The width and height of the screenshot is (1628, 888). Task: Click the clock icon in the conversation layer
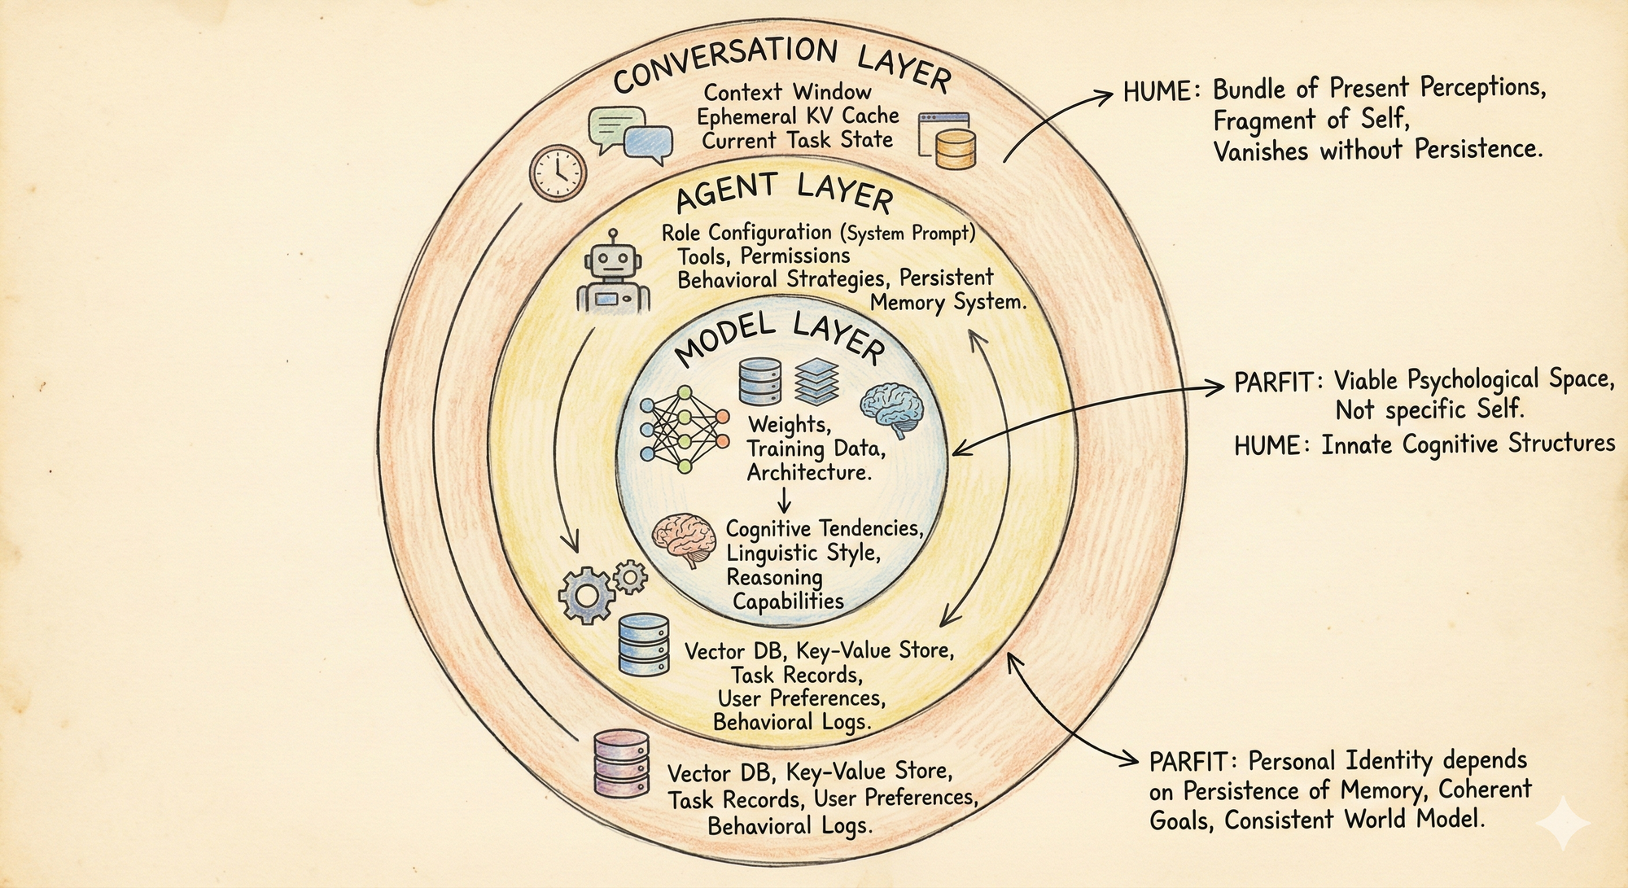pos(558,173)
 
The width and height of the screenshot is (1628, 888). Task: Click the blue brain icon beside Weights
pos(893,409)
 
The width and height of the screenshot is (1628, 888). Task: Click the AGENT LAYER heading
pos(784,192)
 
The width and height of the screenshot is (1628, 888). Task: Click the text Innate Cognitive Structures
pos(1468,444)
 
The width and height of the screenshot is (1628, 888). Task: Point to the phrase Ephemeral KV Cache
pos(798,116)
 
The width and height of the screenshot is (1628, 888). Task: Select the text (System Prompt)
pos(908,234)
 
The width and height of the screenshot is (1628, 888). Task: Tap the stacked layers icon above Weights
pos(816,381)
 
